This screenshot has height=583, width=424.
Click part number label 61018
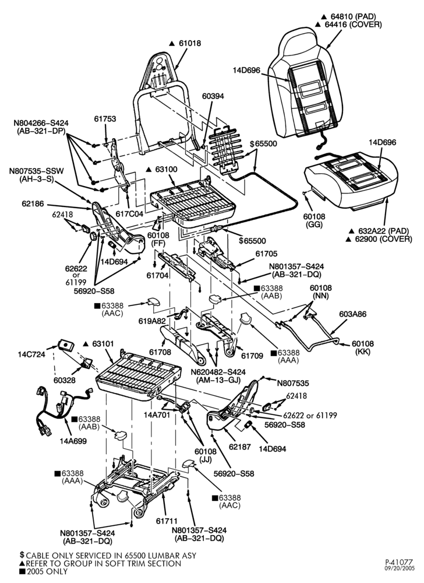[x=190, y=43]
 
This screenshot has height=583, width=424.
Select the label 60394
[x=213, y=96]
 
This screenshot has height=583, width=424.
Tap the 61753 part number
[x=105, y=119]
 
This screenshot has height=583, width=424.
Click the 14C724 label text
[x=31, y=354]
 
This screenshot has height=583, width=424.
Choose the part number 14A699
[x=73, y=441]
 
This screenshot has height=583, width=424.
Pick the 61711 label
[x=167, y=521]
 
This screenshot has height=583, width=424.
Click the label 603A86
[x=352, y=314]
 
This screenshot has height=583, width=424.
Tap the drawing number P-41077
[x=398, y=561]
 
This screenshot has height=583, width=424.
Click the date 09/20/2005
[x=398, y=568]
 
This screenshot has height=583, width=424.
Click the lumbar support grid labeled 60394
[x=225, y=147]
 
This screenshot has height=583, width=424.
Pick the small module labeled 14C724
[x=66, y=345]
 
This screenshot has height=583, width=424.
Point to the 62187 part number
[x=240, y=447]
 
